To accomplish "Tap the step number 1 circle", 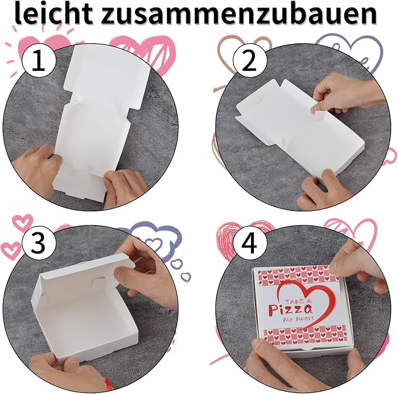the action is [x=39, y=61].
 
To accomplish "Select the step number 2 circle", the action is [x=250, y=61].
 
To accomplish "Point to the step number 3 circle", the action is [x=39, y=243].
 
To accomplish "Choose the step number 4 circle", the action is [x=250, y=243].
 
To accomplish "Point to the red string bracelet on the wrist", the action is [x=107, y=383].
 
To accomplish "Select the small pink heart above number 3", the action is [x=23, y=222].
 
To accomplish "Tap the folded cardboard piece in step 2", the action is [x=300, y=127].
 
